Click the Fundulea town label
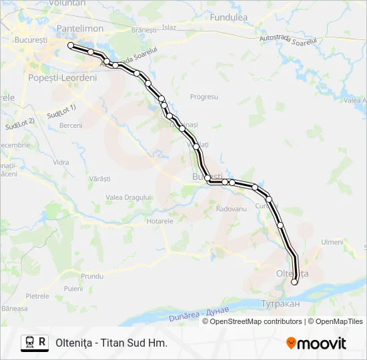[x=228, y=17]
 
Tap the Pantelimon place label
[x=80, y=29]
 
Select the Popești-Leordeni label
[x=63, y=77]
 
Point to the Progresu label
[x=204, y=97]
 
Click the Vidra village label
[x=61, y=162]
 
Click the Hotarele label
[x=159, y=221]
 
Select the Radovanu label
[x=232, y=209]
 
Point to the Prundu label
[x=92, y=275]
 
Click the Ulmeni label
[x=332, y=242]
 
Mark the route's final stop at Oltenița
[x=294, y=282]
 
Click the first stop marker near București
[x=71, y=45]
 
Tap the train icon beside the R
[x=29, y=343]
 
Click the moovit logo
[x=316, y=343]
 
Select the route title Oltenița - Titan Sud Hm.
[x=111, y=343]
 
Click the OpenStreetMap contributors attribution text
[x=256, y=321]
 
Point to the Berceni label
[x=70, y=125]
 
